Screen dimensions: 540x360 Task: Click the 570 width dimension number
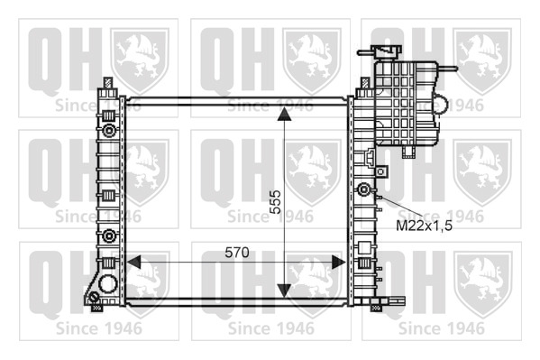(237, 253)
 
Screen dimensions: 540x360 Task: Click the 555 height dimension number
(275, 202)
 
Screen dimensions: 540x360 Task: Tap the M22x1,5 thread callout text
(424, 226)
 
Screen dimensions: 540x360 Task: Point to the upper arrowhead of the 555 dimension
(284, 115)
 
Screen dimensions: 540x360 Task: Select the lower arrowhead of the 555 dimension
(284, 291)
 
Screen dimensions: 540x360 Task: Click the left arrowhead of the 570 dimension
(133, 262)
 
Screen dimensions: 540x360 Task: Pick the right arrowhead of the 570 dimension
(338, 262)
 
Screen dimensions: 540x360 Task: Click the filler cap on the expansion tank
(387, 52)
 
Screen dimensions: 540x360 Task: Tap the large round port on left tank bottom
(108, 283)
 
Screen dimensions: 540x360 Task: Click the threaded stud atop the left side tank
(108, 83)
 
